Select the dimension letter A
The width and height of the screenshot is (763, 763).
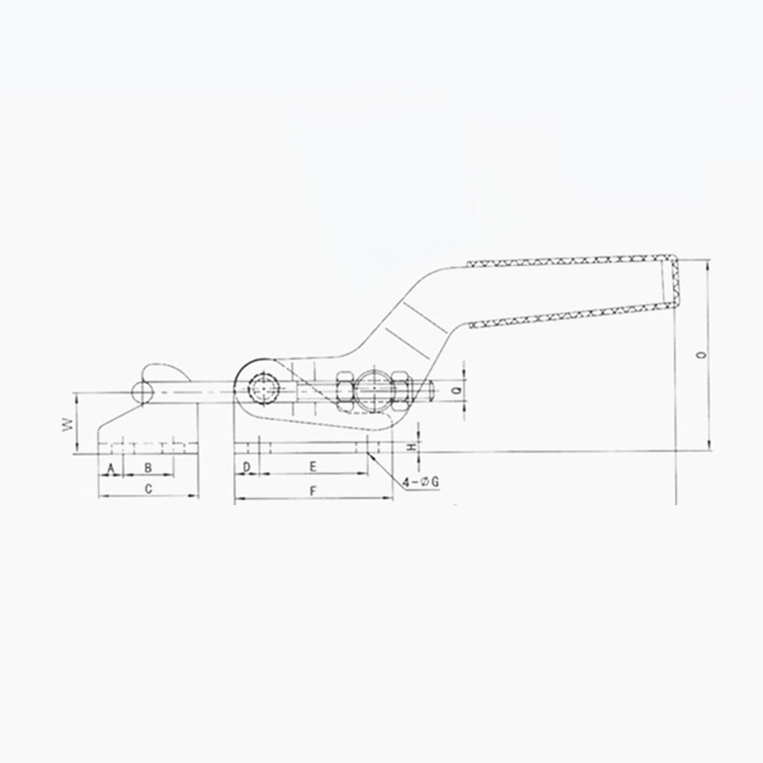111,469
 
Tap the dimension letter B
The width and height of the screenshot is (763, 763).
148,468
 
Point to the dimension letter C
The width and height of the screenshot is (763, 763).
149,489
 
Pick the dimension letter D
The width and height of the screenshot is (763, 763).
246,468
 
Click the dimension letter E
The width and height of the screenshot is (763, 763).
313,467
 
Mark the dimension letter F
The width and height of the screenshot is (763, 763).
313,491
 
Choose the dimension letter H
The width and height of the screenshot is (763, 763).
412,447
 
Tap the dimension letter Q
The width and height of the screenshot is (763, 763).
457,391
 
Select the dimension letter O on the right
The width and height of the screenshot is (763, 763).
699,355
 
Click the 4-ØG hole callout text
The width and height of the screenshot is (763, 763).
421,482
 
